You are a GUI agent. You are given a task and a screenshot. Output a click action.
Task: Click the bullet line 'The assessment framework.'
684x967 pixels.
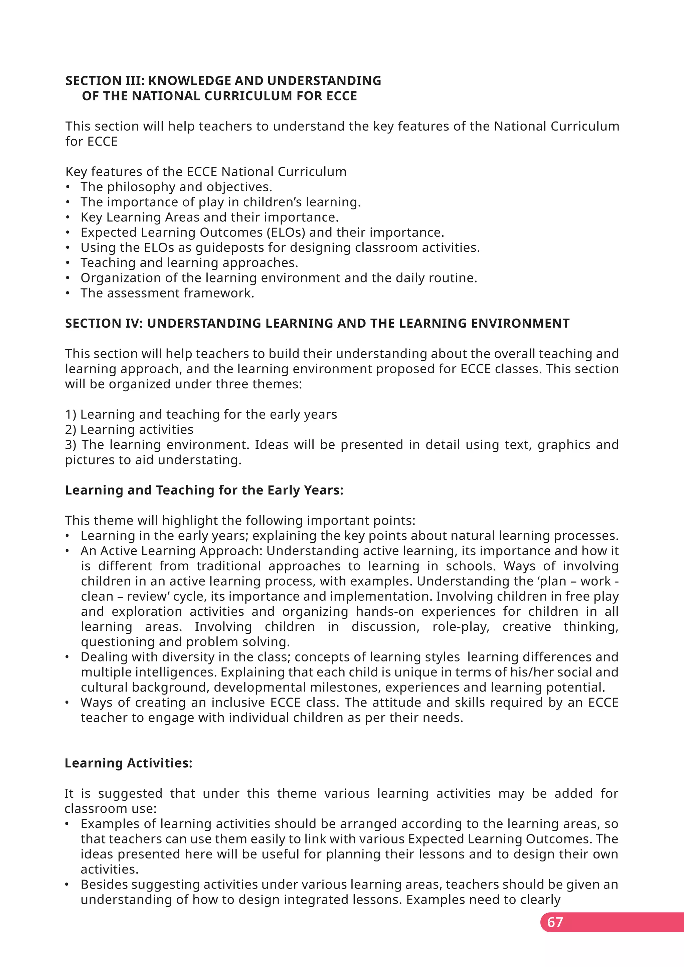(x=167, y=293)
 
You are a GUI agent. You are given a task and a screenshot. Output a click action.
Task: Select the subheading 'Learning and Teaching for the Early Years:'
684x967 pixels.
(x=204, y=490)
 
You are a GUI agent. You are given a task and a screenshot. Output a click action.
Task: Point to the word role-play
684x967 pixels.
(x=461, y=626)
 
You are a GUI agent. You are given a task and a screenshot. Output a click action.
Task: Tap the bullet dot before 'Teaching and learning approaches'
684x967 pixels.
(x=67, y=263)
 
